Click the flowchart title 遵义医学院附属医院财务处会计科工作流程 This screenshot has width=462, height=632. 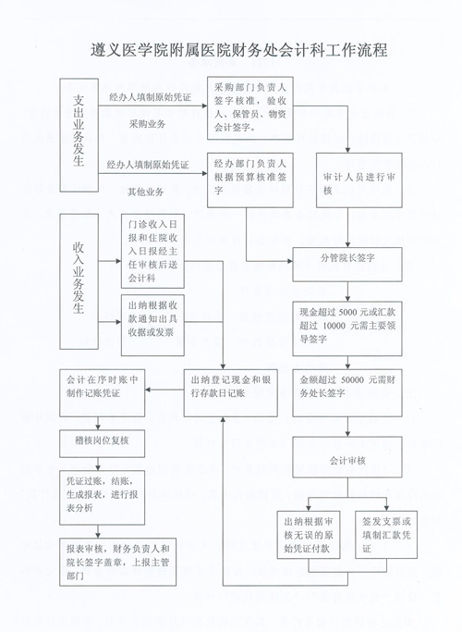click(239, 50)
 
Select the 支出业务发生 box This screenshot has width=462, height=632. click(79, 134)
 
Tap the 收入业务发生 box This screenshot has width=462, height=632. click(79, 281)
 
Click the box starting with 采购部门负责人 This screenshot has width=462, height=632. click(249, 107)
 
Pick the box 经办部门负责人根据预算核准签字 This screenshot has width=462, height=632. click(249, 180)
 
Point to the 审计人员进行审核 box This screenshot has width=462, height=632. click(359, 180)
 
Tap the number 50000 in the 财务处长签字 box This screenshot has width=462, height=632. click(353, 380)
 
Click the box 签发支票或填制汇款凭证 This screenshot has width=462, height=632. click(386, 535)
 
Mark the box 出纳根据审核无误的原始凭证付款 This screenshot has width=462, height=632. click(309, 535)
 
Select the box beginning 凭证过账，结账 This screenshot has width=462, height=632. click(103, 498)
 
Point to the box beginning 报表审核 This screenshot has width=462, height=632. click(118, 562)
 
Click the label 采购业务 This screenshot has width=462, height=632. click(147, 124)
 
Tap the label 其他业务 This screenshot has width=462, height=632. click(146, 192)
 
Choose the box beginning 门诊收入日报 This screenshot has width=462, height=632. click(153, 251)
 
